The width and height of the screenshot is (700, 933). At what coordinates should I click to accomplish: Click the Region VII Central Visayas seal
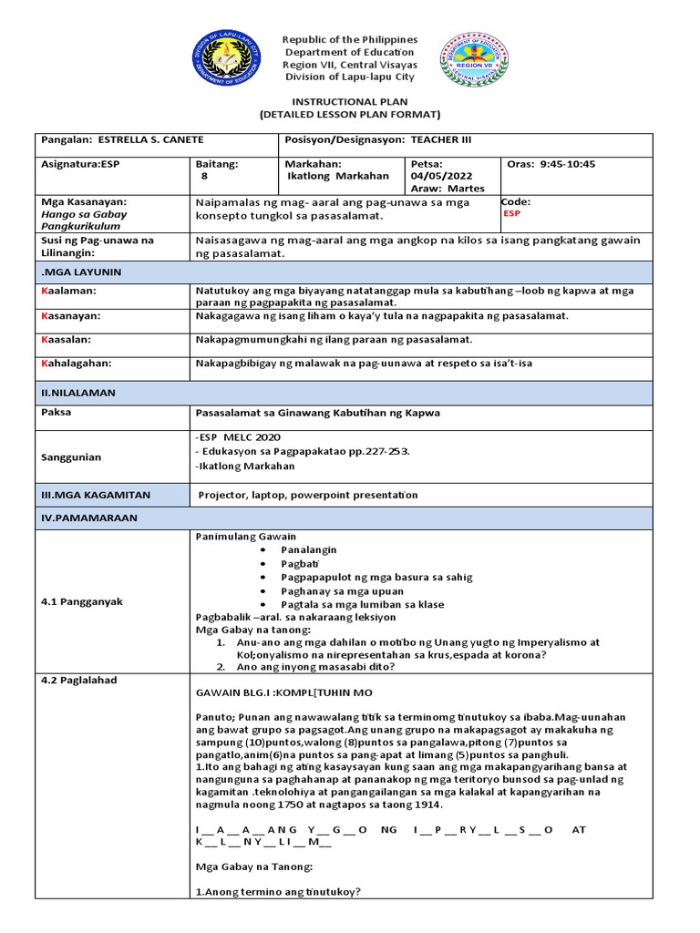pos(473,60)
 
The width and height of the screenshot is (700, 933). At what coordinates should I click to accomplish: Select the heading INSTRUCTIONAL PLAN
pos(349,101)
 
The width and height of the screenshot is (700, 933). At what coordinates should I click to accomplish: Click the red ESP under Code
pos(512,214)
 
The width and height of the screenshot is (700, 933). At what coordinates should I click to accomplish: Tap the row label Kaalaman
pos(68,290)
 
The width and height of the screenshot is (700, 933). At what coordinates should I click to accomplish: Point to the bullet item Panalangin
pos(309,550)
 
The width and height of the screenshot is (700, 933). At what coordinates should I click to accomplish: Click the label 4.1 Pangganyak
pos(82,601)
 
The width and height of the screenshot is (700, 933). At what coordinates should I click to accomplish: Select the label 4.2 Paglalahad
pos(81,680)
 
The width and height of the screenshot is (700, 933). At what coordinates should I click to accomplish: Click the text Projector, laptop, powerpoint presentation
pos(308,495)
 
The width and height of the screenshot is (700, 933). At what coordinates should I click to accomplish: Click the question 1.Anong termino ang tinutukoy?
pos(278,892)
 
